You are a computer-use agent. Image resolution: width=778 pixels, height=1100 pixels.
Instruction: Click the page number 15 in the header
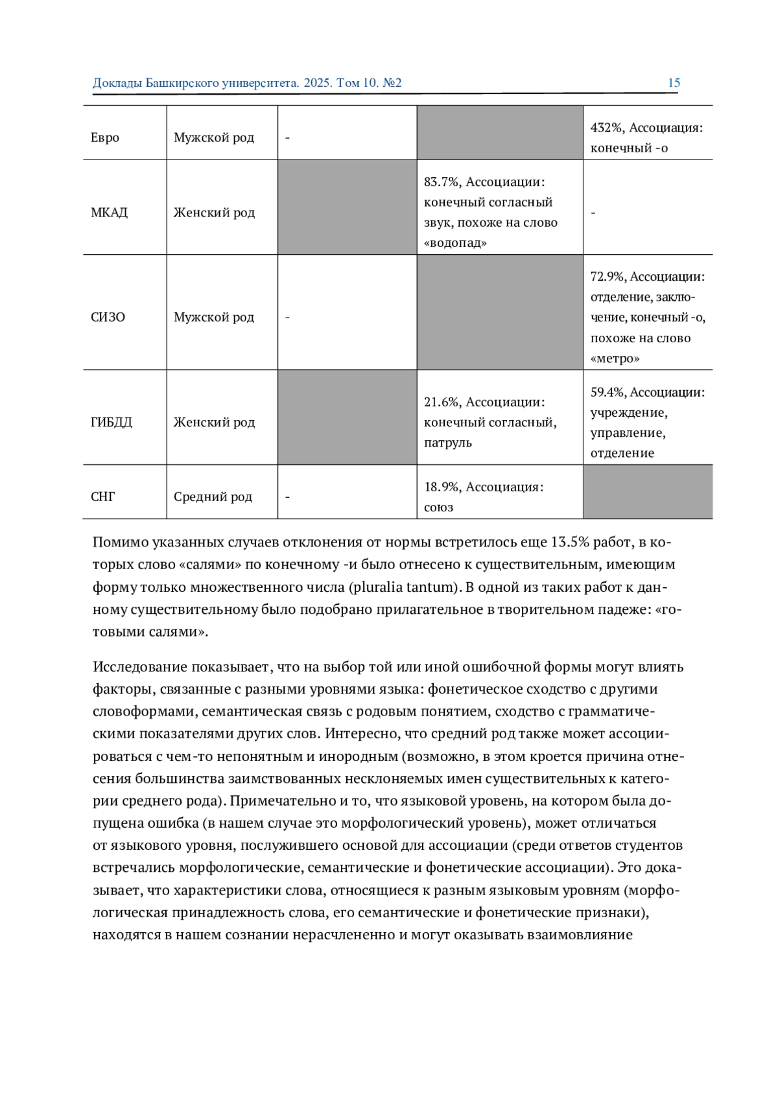[674, 83]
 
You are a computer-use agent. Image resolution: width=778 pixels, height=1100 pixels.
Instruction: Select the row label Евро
[105, 137]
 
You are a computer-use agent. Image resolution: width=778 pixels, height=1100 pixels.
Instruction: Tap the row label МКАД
[109, 213]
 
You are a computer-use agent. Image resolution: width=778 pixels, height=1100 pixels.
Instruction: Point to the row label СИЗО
[108, 317]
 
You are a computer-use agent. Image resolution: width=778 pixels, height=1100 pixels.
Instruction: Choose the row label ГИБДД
[111, 422]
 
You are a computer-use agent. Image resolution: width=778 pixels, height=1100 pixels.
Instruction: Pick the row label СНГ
[102, 497]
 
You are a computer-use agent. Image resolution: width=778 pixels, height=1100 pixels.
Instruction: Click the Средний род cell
[213, 497]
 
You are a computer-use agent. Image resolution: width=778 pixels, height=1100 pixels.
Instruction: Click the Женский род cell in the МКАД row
[214, 213]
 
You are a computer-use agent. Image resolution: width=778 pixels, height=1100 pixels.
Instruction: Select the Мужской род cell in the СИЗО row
[214, 317]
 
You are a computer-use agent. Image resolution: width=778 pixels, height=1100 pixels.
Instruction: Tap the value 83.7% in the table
[441, 182]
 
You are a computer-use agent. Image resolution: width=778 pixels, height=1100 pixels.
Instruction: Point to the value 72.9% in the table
[607, 277]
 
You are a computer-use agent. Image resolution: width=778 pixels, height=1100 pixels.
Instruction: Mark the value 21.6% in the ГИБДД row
[441, 402]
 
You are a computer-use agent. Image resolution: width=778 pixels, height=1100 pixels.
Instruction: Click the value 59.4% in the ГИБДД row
[607, 392]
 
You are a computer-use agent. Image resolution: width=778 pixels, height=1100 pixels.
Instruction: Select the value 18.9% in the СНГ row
[441, 487]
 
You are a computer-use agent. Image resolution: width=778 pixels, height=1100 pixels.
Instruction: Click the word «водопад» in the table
[455, 243]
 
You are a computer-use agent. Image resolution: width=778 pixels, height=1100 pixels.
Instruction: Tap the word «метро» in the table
[615, 358]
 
